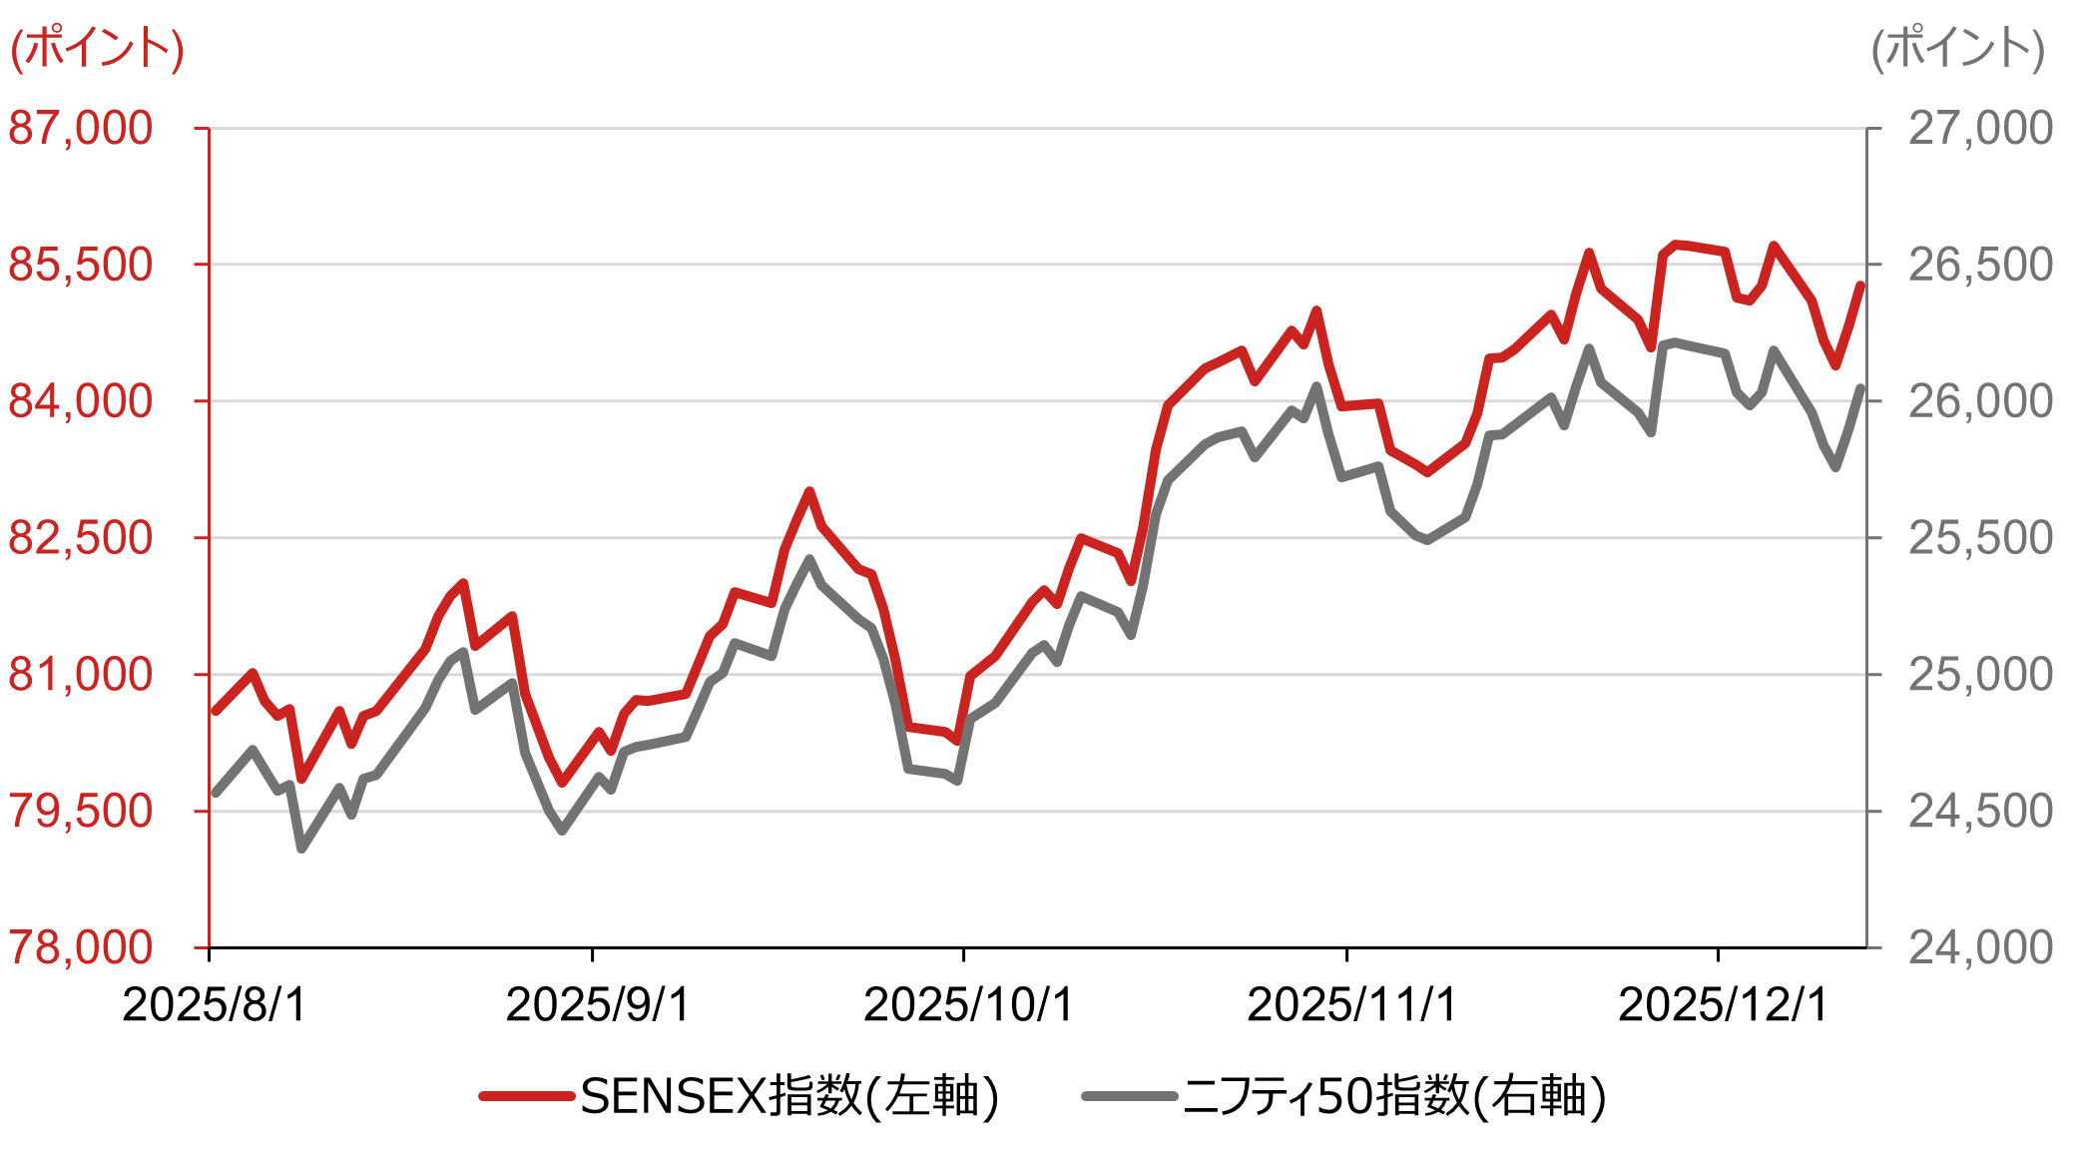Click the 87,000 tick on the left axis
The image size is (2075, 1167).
[x=81, y=129]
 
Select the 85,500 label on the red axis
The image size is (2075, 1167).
[x=81, y=266]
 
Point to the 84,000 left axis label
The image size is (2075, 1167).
[x=81, y=402]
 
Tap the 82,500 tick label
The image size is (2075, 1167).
[x=81, y=539]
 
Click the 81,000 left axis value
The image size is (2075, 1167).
[x=81, y=676]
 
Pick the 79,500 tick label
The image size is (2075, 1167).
[x=81, y=812]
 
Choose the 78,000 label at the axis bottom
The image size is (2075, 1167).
[x=81, y=948]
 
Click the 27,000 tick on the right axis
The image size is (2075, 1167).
[x=1980, y=129]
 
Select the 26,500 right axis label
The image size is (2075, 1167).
[x=1980, y=266]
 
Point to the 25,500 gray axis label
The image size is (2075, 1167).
[x=1980, y=539]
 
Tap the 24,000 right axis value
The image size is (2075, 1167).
[x=1980, y=948]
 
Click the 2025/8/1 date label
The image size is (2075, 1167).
[x=215, y=1005]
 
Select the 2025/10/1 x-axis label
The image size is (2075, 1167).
[x=968, y=1005]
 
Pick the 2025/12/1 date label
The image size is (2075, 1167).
[x=1723, y=1005]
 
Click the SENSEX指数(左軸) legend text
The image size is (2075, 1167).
[x=789, y=1097]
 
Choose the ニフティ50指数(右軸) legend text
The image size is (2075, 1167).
[x=1394, y=1097]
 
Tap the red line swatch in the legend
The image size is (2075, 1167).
[x=526, y=1097]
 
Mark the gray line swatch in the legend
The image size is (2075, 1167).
[x=1129, y=1097]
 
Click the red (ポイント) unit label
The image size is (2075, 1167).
[x=97, y=48]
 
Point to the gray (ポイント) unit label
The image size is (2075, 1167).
[x=1957, y=48]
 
